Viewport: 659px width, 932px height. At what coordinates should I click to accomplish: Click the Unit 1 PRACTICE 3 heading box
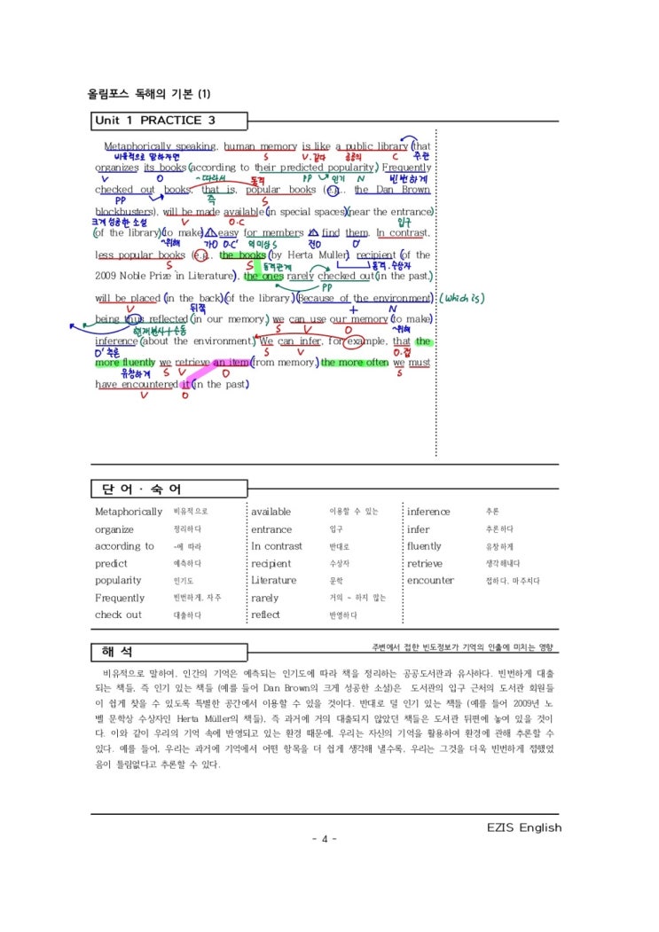(156, 121)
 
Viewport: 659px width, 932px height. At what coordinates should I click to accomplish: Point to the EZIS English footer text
(524, 827)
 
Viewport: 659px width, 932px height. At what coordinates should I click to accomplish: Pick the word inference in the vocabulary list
(428, 512)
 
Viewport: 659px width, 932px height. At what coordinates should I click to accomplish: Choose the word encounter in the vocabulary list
(431, 580)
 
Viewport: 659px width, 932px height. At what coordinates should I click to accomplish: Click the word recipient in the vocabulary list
(271, 563)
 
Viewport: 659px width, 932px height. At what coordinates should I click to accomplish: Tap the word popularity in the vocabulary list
(118, 580)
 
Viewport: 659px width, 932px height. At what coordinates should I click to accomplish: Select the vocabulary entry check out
(118, 615)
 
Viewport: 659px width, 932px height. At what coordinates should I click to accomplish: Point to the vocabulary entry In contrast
(277, 546)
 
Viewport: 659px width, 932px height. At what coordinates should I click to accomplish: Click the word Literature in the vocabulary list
(274, 580)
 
